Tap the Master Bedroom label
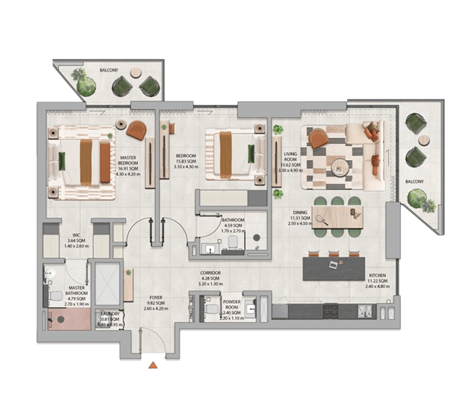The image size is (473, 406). (128, 162)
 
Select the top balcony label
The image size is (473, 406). (109, 70)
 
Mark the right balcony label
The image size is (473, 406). (415, 181)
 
